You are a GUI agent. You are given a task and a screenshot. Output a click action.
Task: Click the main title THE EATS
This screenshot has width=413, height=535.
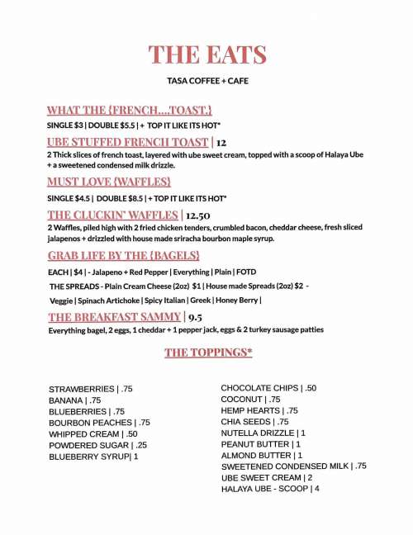click(207, 55)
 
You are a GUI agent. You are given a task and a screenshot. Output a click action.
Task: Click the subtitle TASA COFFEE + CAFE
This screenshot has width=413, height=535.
click(207, 81)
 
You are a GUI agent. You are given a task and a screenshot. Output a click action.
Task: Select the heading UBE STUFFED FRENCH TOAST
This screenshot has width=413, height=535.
click(128, 142)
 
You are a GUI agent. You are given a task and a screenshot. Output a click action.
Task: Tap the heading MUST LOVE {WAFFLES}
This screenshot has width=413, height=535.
click(109, 181)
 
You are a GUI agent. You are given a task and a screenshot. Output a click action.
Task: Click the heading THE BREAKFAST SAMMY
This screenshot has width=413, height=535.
click(114, 317)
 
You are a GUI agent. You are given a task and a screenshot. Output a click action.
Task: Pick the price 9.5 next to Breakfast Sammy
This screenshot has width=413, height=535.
click(196, 317)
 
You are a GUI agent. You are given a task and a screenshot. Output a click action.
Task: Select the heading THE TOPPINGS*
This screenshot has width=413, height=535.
click(208, 353)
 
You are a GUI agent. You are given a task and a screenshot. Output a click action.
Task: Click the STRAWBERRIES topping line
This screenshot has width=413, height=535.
click(91, 389)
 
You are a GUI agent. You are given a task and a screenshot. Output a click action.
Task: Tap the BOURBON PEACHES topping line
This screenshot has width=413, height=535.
click(99, 423)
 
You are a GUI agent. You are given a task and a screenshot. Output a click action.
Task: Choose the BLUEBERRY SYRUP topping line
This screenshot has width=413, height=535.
click(93, 456)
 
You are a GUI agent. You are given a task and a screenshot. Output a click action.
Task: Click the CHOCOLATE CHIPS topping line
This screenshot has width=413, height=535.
click(268, 388)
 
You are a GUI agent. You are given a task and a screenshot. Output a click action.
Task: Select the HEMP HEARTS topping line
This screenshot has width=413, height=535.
click(259, 410)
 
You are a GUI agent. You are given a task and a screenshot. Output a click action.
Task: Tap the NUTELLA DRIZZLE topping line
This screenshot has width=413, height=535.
click(263, 433)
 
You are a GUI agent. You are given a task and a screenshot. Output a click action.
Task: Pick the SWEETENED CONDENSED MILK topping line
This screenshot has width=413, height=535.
click(293, 466)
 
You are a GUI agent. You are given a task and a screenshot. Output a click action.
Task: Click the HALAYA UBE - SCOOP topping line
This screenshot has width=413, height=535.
click(270, 489)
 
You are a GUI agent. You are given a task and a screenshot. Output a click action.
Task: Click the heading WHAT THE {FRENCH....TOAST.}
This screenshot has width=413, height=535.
click(130, 110)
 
